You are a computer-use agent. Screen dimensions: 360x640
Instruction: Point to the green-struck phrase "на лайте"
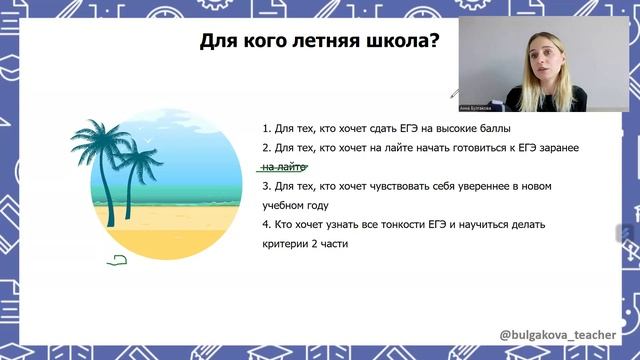coord(283,167)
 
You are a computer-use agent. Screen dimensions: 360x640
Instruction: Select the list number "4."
coord(266,224)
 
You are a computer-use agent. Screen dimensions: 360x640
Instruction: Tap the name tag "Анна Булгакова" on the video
coord(476,107)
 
